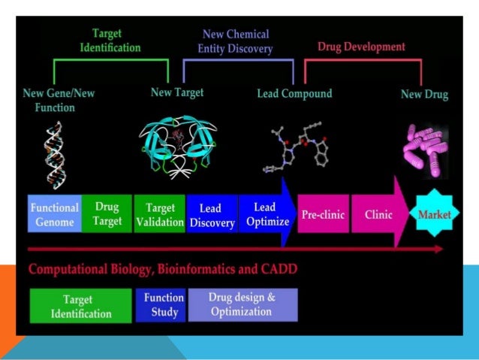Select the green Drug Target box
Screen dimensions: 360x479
107,214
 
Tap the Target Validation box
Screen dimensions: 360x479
160,214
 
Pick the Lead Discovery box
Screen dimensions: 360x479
212,215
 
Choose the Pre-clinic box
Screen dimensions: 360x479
323,214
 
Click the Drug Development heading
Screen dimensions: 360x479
361,47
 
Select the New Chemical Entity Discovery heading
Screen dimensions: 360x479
236,41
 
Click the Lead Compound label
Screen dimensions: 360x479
294,94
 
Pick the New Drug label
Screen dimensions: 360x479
424,95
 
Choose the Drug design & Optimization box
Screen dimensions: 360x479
243,304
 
